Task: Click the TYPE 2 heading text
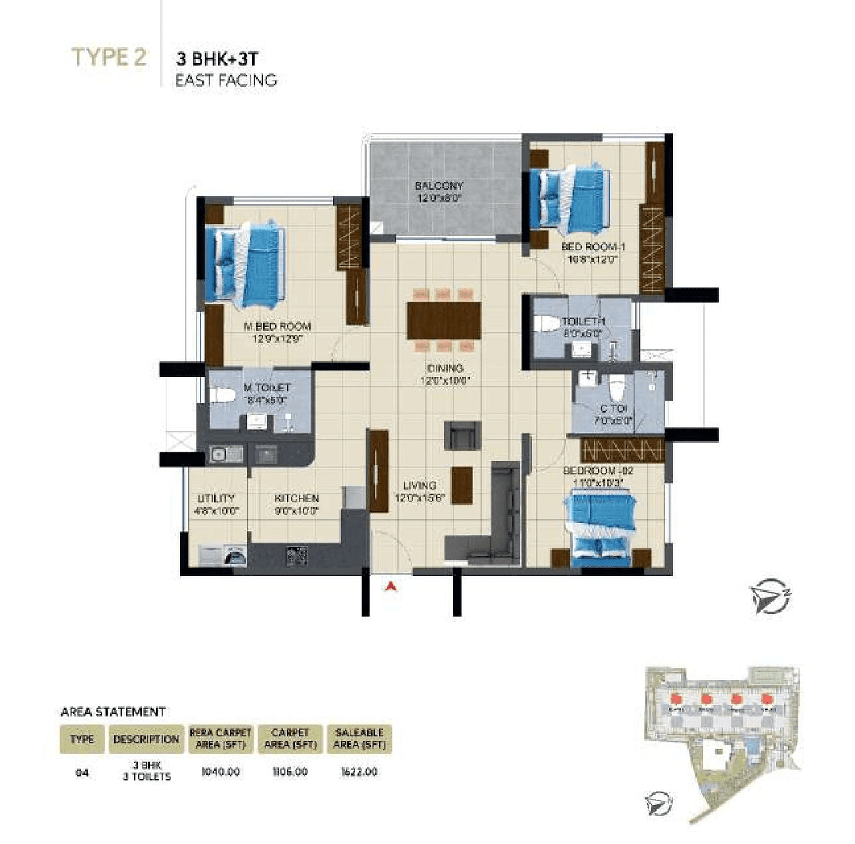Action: click(x=108, y=57)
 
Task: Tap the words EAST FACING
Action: click(x=226, y=81)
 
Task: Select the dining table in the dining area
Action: click(x=444, y=321)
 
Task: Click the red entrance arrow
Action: click(x=392, y=587)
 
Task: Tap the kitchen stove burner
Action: click(x=297, y=556)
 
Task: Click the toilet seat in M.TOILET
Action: click(x=223, y=395)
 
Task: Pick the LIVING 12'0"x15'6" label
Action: click(x=419, y=491)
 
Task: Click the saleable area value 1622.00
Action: click(x=359, y=771)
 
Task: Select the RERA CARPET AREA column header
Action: click(x=220, y=738)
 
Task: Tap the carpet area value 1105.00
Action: click(x=290, y=771)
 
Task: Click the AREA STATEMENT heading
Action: click(x=113, y=712)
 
